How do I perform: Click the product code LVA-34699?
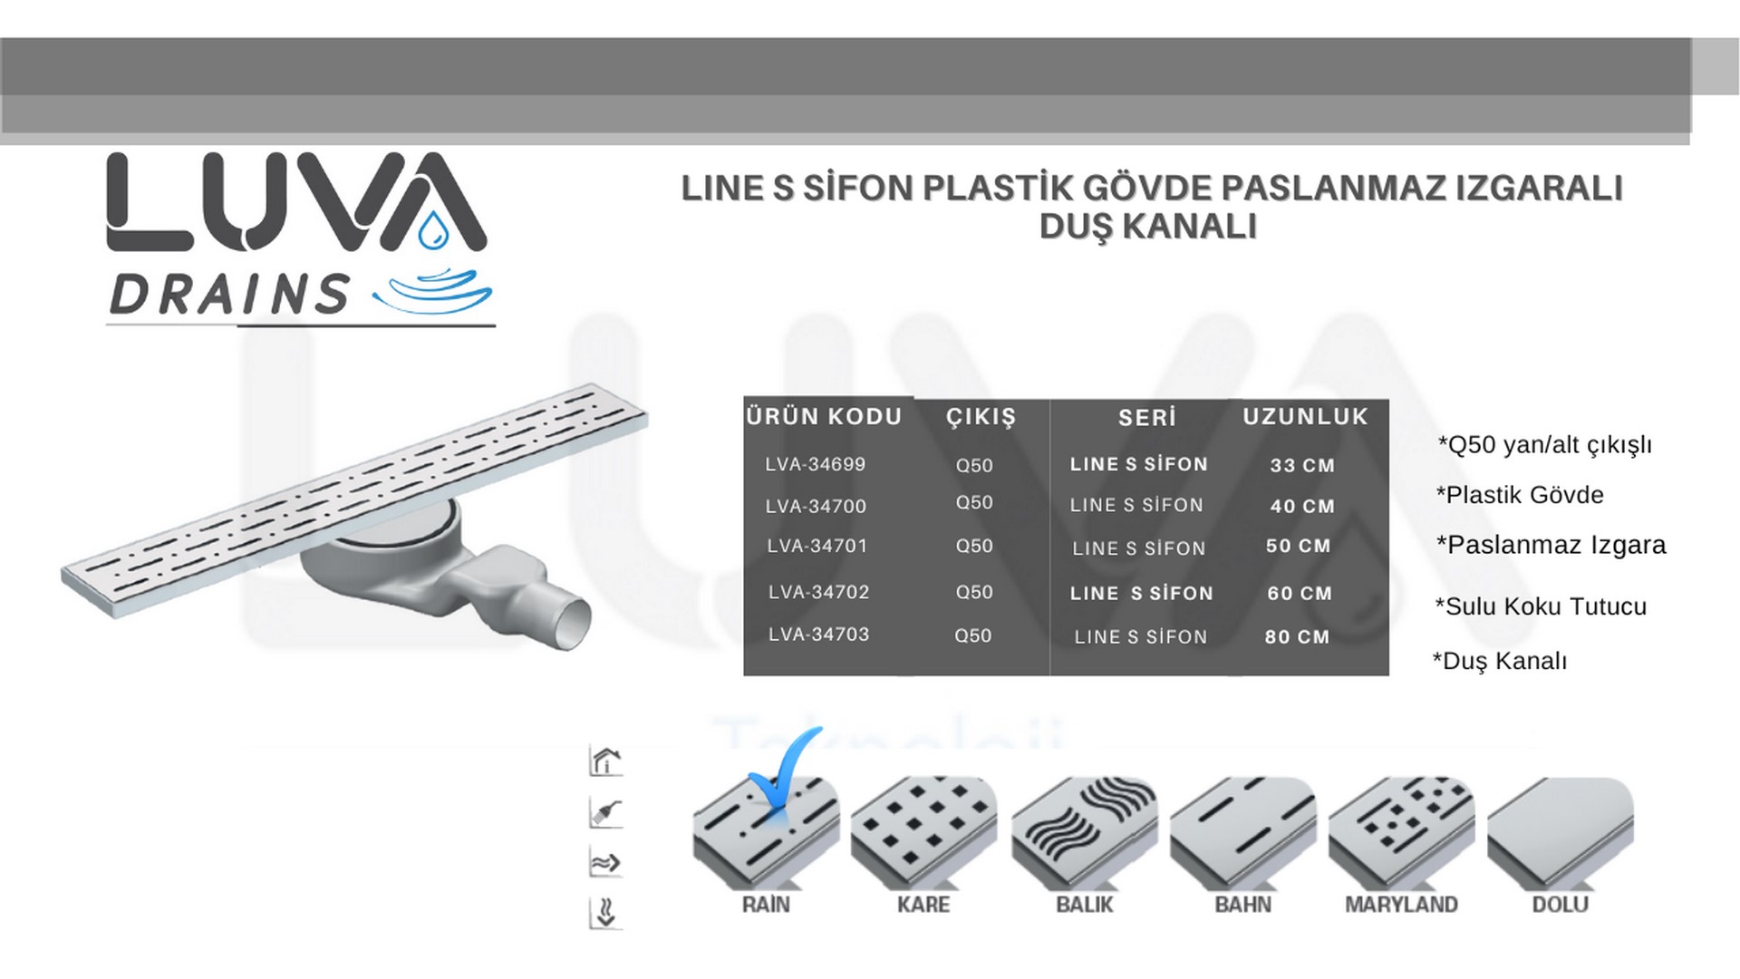click(x=816, y=464)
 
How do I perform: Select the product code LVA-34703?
click(x=819, y=635)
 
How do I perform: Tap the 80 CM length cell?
click(x=1298, y=637)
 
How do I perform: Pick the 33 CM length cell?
click(x=1302, y=466)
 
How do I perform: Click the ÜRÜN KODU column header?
click(x=825, y=417)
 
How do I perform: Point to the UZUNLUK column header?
click(x=1305, y=417)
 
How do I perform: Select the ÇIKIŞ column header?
click(x=981, y=418)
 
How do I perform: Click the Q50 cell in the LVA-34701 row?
click(x=974, y=547)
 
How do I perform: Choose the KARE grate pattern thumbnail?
click(x=923, y=831)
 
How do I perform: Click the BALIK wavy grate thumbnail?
click(x=1084, y=831)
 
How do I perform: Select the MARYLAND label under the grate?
click(x=1401, y=905)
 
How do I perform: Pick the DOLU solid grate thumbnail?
click(x=1561, y=831)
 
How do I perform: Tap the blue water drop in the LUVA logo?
click(x=433, y=230)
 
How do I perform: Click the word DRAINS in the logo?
click(x=230, y=294)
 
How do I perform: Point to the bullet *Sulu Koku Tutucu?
click(x=1541, y=606)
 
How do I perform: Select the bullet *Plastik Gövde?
click(x=1520, y=495)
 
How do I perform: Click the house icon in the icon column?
click(x=605, y=761)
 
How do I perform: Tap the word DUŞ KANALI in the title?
click(x=1148, y=227)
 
